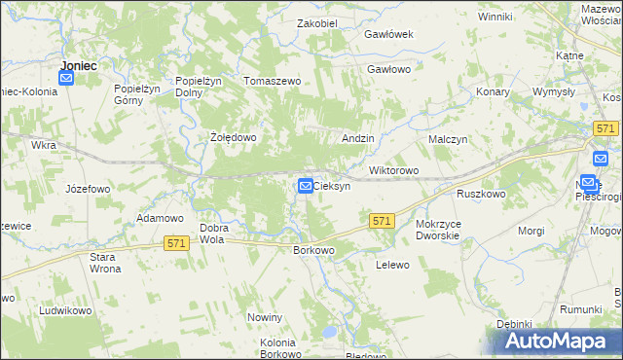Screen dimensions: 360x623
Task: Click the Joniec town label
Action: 78,65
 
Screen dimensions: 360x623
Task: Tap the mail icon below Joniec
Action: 66,80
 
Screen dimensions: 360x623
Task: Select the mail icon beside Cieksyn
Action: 305,185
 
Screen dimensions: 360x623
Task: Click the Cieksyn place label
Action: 332,186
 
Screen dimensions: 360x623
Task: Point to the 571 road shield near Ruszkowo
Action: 382,222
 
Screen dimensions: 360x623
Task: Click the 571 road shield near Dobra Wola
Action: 175,242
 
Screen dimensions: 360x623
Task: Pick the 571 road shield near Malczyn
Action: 605,128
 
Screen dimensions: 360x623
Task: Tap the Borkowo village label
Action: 313,250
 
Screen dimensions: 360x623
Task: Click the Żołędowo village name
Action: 234,137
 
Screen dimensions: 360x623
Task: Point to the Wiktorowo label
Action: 393,171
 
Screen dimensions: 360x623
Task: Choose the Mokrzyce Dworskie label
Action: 444,230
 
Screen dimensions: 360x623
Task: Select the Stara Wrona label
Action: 104,263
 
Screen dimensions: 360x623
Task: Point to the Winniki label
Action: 495,17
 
